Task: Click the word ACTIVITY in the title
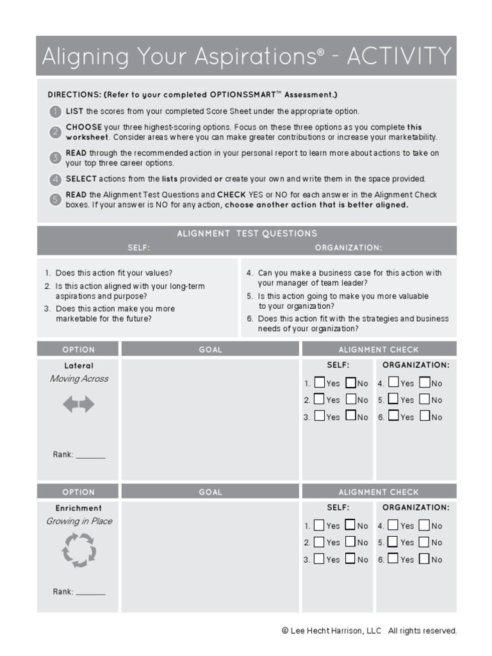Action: pos(399,56)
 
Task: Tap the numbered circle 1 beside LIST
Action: pos(56,111)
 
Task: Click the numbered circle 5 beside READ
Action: pos(56,199)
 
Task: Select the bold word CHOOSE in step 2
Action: pos(84,127)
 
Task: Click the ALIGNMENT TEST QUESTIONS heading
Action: pos(247,234)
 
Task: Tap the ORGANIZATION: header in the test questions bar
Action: pos(348,247)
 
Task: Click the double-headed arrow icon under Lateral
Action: pos(78,404)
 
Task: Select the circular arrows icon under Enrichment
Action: pos(78,550)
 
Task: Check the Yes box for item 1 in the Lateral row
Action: pos(318,383)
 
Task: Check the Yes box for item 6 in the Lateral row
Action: pos(393,416)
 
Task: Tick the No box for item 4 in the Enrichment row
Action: pos(424,525)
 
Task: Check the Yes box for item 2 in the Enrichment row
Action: pos(318,542)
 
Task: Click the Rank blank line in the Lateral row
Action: pos(90,456)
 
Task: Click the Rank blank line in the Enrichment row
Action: pos(90,593)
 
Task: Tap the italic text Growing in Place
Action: pos(79,521)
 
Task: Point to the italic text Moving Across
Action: pos(79,379)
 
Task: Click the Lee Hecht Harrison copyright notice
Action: pos(369,631)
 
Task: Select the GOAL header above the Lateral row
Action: pos(210,350)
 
